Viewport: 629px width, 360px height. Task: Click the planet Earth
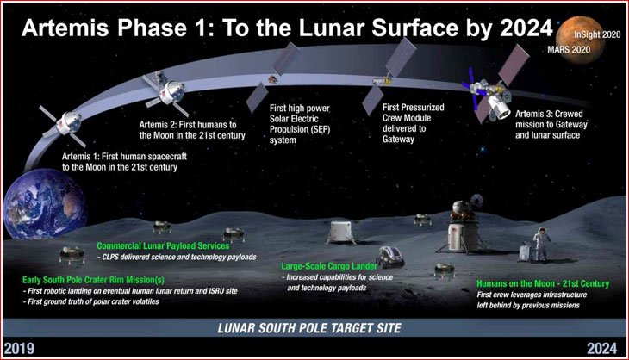(44, 203)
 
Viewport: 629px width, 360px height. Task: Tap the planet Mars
(589, 40)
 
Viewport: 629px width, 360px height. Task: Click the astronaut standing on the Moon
(541, 244)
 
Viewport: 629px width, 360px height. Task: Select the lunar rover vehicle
(389, 257)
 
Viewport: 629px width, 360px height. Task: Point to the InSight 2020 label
(597, 34)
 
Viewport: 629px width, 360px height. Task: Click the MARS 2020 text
(569, 50)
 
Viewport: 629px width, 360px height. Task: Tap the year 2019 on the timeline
(19, 349)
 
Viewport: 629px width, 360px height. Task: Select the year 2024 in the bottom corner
(601, 349)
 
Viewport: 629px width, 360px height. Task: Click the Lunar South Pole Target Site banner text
(309, 328)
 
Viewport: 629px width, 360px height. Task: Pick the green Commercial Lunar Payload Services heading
(163, 245)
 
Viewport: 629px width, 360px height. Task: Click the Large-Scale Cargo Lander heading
(329, 266)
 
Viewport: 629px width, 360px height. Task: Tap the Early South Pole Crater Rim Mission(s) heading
(93, 280)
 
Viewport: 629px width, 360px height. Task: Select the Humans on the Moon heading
(543, 284)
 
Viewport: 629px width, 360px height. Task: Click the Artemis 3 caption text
(551, 124)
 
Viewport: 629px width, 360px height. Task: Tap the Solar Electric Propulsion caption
(300, 124)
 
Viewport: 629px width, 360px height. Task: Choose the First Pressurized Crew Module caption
(414, 123)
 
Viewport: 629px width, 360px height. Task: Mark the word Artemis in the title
(65, 28)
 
